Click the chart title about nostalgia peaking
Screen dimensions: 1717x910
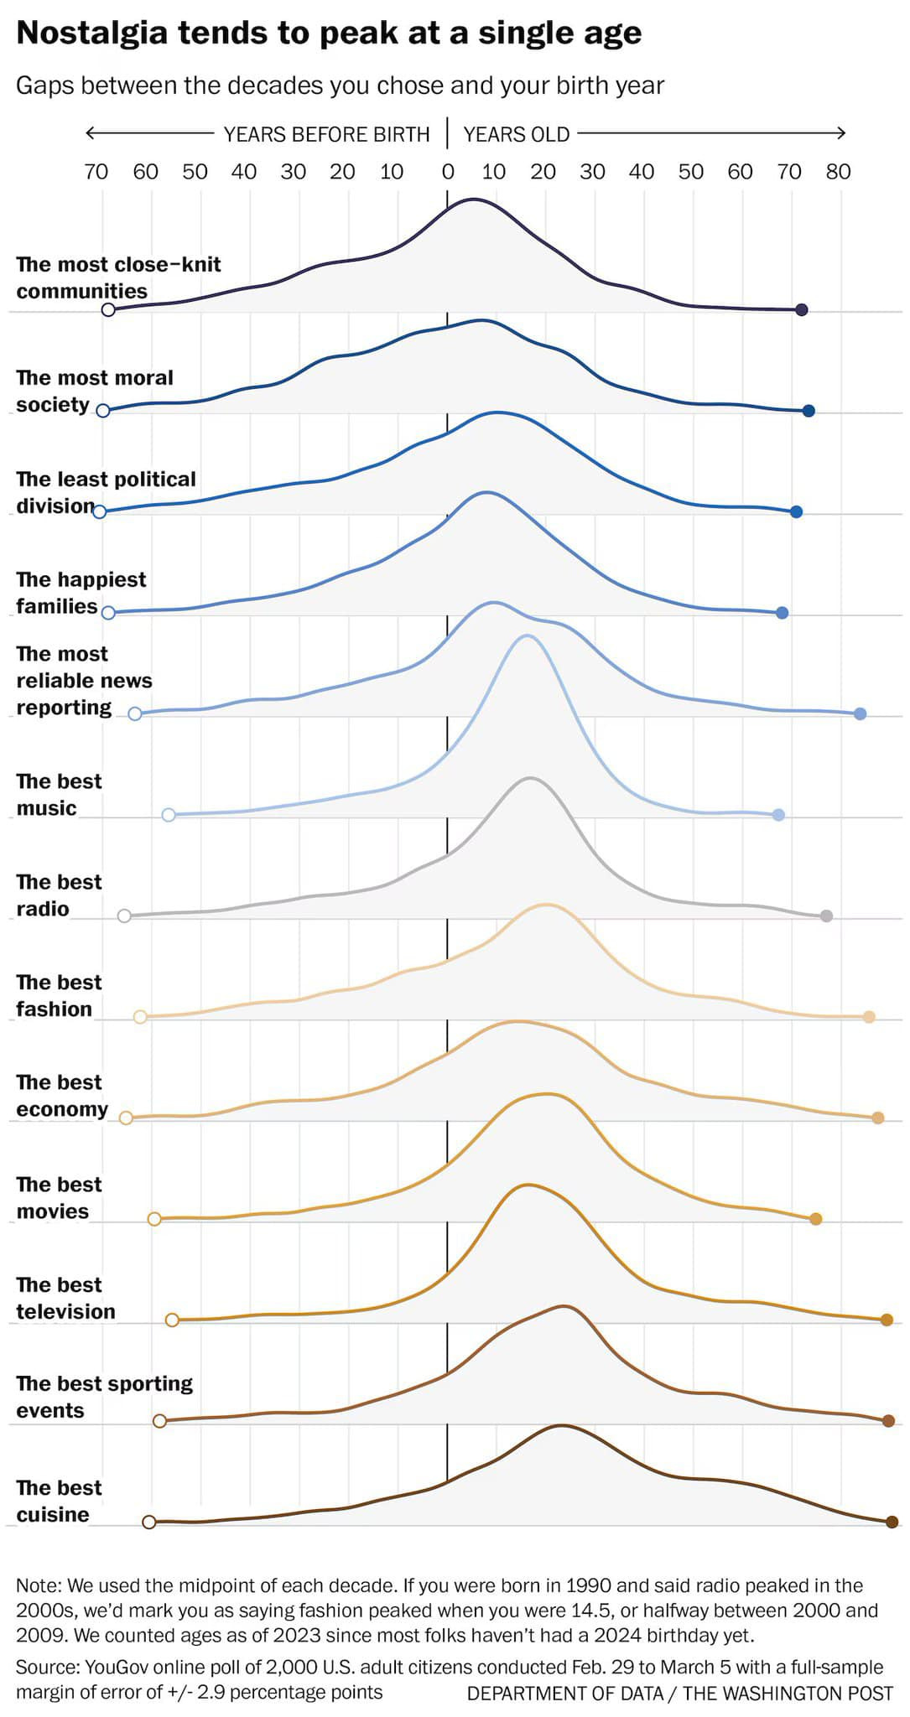329,34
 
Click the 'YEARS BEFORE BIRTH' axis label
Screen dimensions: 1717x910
326,134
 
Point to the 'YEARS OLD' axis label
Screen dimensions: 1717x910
516,134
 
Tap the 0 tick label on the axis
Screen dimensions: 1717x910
448,172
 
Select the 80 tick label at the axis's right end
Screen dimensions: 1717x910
838,172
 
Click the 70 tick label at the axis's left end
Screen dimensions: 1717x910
96,172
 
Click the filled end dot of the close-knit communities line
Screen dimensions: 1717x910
801,310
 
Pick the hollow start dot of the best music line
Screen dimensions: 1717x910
169,815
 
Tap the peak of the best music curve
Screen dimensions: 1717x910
527,636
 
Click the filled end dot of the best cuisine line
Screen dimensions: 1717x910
892,1522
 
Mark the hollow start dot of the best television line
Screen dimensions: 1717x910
172,1320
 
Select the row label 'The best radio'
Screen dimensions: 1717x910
59,895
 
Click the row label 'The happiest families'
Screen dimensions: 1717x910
81,593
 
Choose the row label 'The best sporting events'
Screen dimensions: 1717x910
104,1397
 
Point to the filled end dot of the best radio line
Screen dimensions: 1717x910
826,916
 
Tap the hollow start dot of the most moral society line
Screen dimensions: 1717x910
103,411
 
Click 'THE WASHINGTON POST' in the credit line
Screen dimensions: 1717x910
788,1694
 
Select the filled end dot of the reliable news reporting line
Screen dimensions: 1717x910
860,713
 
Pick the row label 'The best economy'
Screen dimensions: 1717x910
62,1096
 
